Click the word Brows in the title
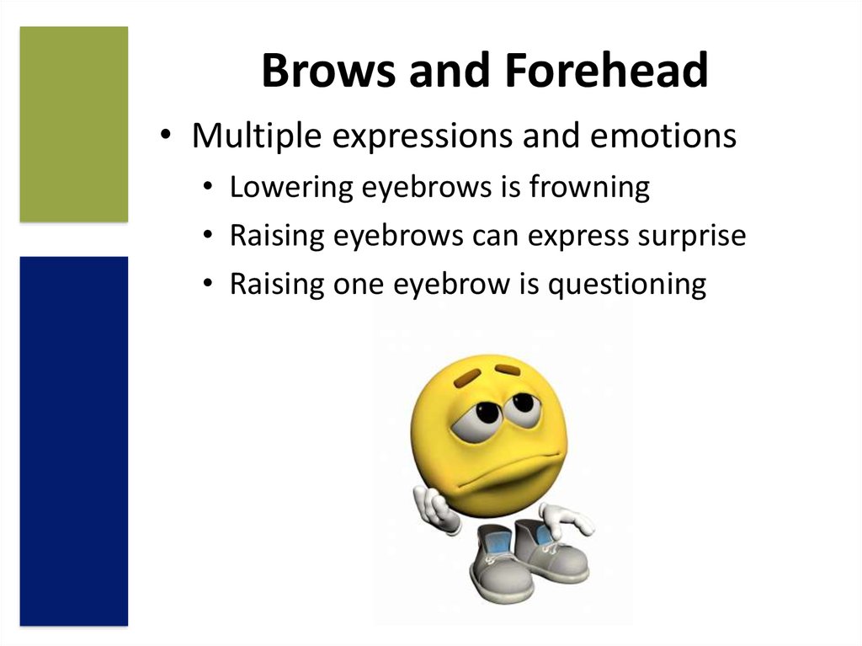[328, 70]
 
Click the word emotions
[663, 136]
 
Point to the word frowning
[589, 187]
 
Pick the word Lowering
[291, 187]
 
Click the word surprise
[692, 237]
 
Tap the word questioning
[627, 285]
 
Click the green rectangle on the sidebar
[74, 125]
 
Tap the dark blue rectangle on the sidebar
[74, 441]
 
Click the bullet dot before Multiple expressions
[165, 135]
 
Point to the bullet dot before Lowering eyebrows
[207, 187]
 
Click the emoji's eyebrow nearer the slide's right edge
[508, 370]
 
